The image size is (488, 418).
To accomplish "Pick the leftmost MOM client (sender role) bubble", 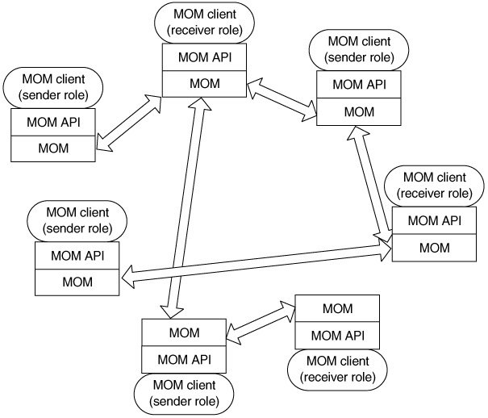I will (52, 88).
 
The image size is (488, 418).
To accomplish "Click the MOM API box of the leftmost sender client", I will (52, 122).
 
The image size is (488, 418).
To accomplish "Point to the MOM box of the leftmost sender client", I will (52, 147).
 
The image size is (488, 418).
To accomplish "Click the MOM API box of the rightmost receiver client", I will (435, 219).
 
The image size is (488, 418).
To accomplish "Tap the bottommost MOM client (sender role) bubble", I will (183, 392).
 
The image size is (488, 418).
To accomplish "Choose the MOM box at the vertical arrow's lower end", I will (183, 332).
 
